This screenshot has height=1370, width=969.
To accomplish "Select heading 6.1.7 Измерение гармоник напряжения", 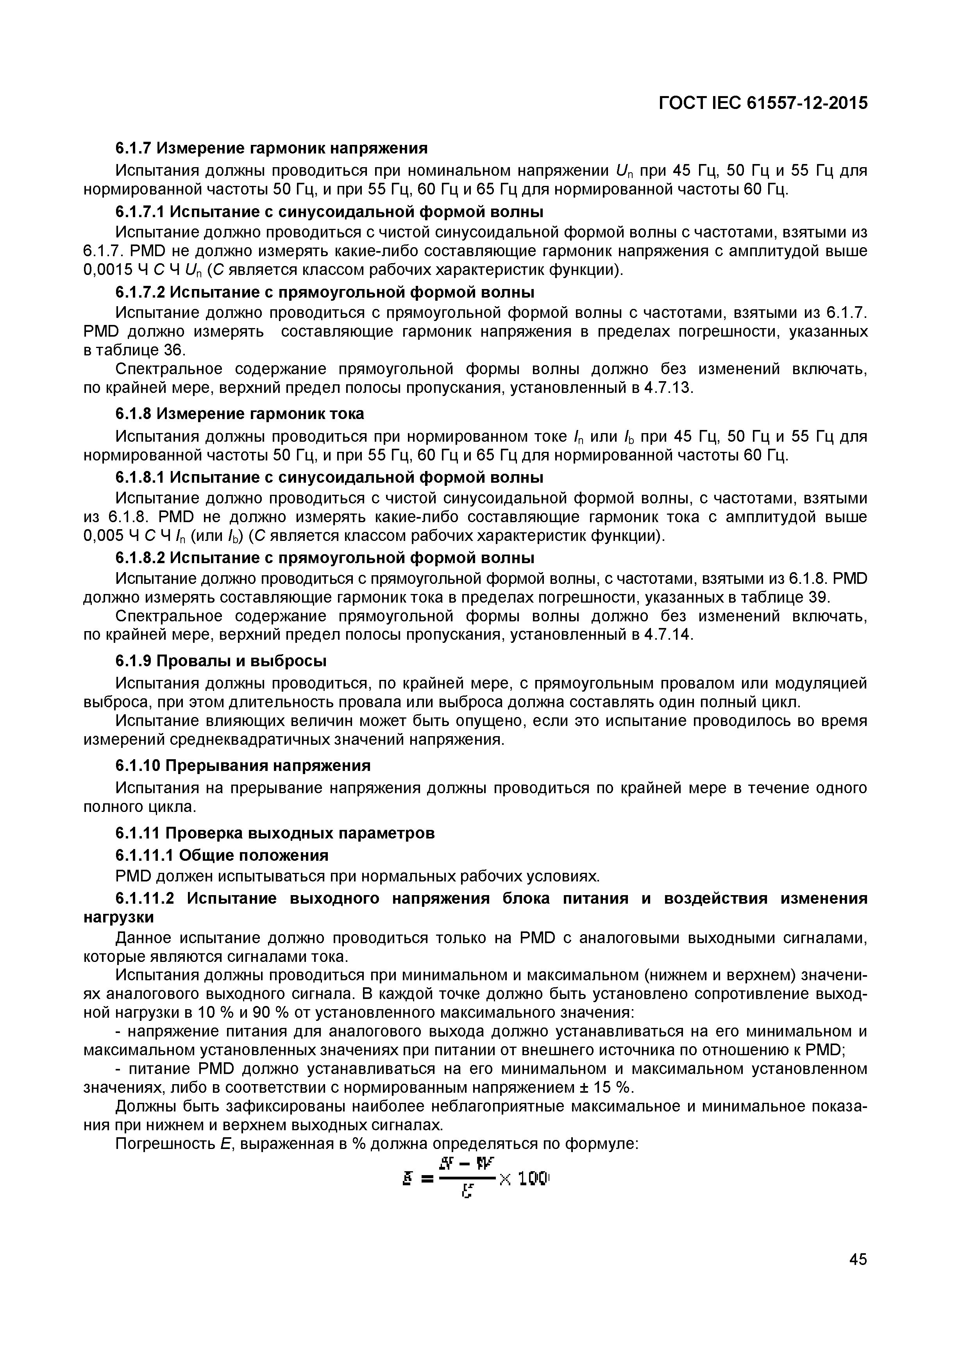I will [x=271, y=147].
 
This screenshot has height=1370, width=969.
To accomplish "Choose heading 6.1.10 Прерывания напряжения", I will [x=243, y=765].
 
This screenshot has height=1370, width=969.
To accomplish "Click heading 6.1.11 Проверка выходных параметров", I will [x=275, y=832].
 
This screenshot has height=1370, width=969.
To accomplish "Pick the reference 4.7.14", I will [x=668, y=634].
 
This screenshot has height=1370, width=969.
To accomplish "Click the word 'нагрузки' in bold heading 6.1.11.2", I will [x=118, y=917].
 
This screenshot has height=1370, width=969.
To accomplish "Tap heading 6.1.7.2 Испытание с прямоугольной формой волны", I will [x=324, y=293].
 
